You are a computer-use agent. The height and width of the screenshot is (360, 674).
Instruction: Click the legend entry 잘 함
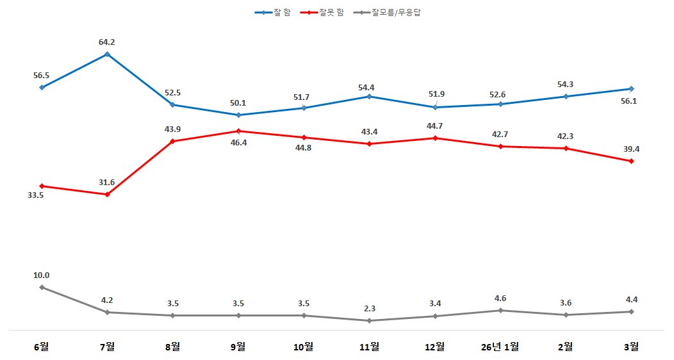pyautogui.click(x=272, y=12)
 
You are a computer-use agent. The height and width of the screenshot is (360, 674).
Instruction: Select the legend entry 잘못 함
pyautogui.click(x=325, y=12)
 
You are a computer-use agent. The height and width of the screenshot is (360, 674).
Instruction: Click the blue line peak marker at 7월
pyautogui.click(x=107, y=54)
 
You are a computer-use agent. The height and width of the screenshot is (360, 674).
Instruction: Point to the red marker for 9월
pyautogui.click(x=238, y=131)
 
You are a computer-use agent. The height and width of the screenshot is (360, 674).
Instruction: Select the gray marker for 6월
pyautogui.click(x=42, y=287)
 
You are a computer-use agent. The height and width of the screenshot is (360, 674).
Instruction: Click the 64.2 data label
pyautogui.click(x=107, y=42)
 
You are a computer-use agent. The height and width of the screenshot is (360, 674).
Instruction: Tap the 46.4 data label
pyautogui.click(x=238, y=143)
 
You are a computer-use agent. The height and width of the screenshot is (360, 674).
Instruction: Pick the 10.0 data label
pyautogui.click(x=42, y=275)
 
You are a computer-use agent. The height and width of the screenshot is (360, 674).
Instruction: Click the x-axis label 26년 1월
pyautogui.click(x=500, y=347)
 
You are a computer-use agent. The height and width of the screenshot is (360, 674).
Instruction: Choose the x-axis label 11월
pyautogui.click(x=369, y=347)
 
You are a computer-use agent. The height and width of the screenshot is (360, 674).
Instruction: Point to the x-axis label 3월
pyautogui.click(x=631, y=347)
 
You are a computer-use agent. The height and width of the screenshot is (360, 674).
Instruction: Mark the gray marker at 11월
pyautogui.click(x=369, y=320)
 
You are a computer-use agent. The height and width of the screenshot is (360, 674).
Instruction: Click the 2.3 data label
pyautogui.click(x=369, y=308)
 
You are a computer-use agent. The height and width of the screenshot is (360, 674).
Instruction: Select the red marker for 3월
pyautogui.click(x=631, y=161)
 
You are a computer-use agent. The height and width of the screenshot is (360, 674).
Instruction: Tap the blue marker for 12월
pyautogui.click(x=434, y=107)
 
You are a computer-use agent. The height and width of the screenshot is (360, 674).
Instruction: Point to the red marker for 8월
pyautogui.click(x=173, y=141)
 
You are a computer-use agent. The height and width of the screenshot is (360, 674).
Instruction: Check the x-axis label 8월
pyautogui.click(x=172, y=347)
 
